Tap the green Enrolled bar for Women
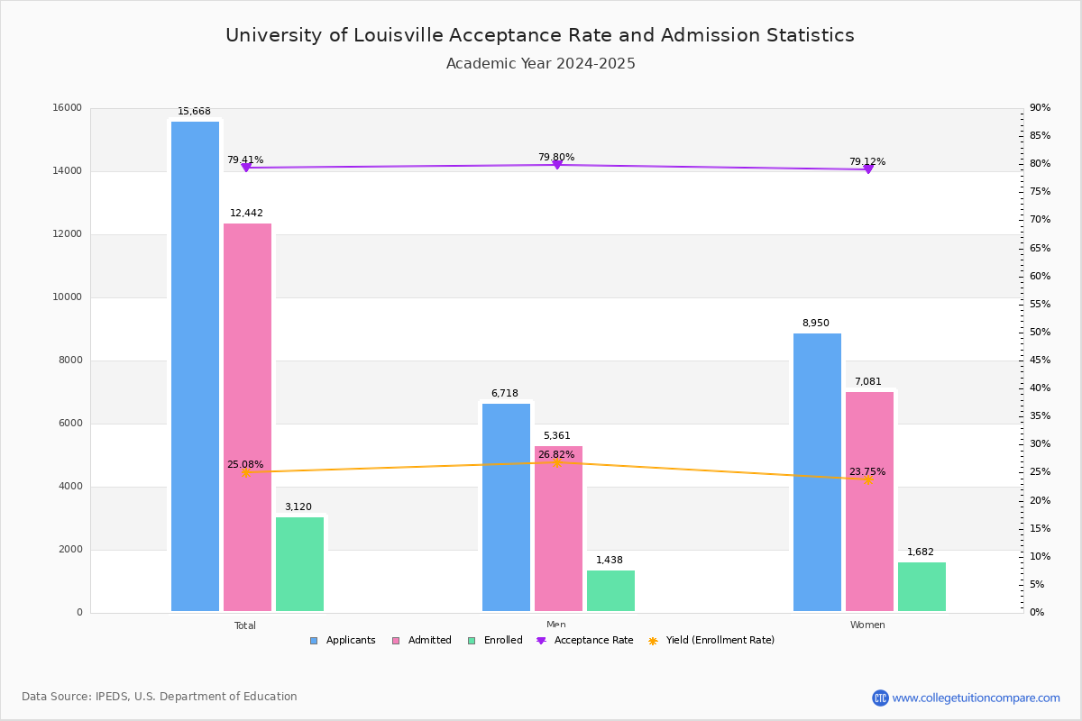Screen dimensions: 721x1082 [x=922, y=587]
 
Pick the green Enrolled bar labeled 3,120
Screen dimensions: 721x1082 [x=299, y=564]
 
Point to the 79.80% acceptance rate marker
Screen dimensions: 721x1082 [x=556, y=164]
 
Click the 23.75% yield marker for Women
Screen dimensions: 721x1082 [x=868, y=480]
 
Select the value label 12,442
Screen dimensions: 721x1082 [x=246, y=214]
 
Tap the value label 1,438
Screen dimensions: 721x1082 [x=610, y=561]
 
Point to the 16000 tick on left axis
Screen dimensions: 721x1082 [x=68, y=108]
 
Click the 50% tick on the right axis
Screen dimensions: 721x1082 [x=1040, y=333]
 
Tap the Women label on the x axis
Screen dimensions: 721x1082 [x=867, y=625]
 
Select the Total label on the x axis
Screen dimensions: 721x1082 [x=245, y=625]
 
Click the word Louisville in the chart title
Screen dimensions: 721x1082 [x=393, y=36]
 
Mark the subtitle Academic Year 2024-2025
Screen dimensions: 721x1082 [x=541, y=64]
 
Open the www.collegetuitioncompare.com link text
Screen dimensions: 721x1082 [x=976, y=698]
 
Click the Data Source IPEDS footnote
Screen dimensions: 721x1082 [x=160, y=697]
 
